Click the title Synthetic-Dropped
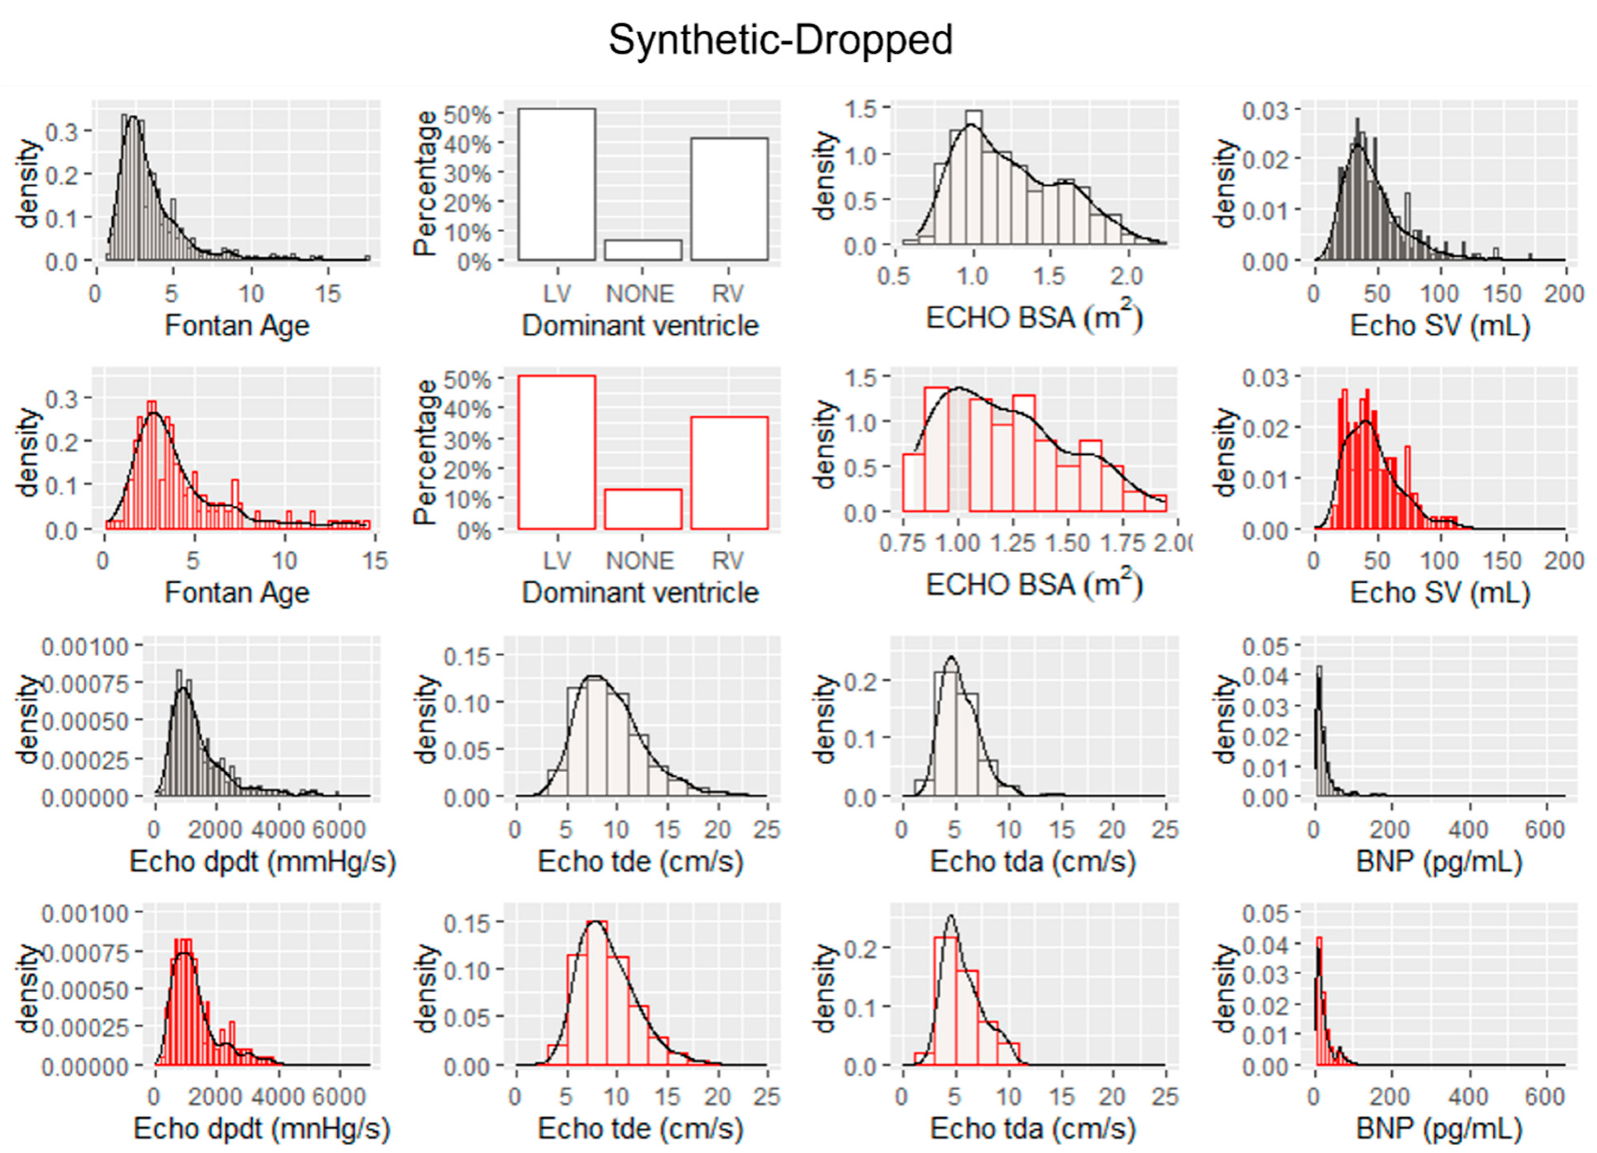tap(780, 40)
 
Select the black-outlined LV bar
tap(556, 185)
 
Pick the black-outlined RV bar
tap(729, 199)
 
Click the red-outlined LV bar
tap(556, 452)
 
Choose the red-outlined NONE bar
tap(642, 509)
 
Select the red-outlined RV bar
tap(729, 473)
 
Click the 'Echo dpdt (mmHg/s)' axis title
tap(262, 861)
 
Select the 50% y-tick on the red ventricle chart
tap(472, 380)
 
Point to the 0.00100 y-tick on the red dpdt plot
tap(86, 914)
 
